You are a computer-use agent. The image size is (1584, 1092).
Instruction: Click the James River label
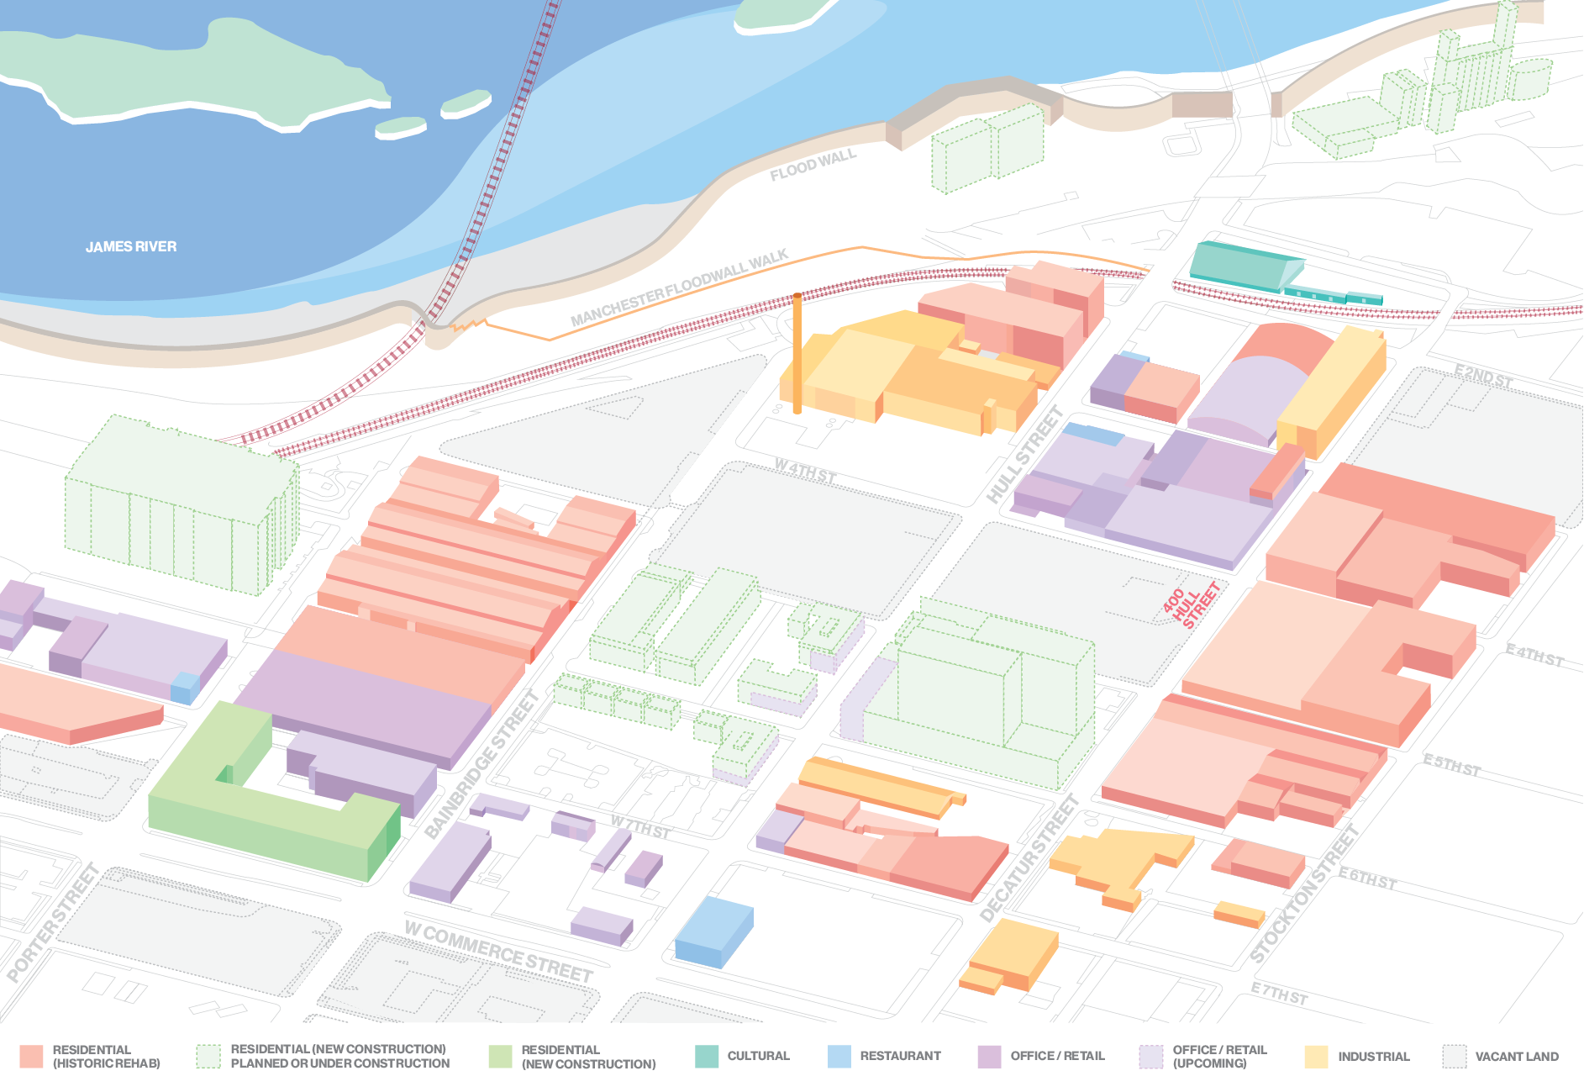click(131, 246)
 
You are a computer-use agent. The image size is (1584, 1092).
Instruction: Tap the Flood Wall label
click(813, 165)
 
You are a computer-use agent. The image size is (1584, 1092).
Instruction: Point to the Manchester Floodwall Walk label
click(679, 288)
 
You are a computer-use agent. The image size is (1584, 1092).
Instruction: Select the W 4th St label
click(804, 472)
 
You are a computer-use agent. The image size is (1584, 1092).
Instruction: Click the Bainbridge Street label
click(482, 764)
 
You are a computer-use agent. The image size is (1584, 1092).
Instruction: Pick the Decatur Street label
click(1029, 858)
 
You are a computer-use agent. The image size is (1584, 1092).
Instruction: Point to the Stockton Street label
click(1303, 894)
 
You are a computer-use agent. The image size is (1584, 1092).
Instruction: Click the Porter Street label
click(53, 922)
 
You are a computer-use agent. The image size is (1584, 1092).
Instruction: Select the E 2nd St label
click(1483, 377)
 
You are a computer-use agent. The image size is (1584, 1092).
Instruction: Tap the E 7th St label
click(1279, 993)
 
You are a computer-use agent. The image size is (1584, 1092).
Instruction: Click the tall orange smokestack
click(797, 353)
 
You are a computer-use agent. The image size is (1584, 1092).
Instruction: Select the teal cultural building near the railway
click(1244, 266)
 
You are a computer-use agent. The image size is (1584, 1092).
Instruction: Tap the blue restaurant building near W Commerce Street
click(713, 931)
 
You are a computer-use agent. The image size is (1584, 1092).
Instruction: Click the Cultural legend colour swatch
click(707, 1057)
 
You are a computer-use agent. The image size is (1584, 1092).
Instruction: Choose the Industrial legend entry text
click(1373, 1057)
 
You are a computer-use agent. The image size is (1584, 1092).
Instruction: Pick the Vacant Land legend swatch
click(1454, 1057)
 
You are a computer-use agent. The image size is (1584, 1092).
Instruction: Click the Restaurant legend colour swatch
click(839, 1057)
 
